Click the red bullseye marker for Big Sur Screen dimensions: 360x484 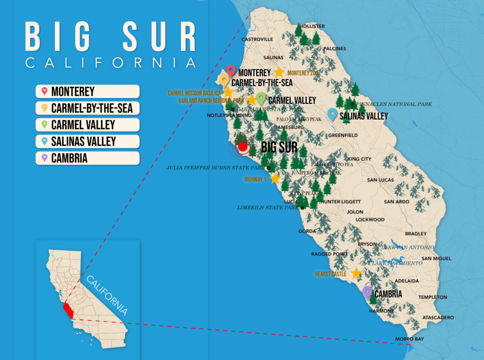[x=242, y=147]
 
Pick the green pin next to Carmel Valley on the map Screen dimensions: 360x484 [x=261, y=98]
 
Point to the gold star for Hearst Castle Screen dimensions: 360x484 [x=356, y=273]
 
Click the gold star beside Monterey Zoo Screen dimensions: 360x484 [x=279, y=72]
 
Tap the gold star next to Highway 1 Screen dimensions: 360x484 [x=275, y=179]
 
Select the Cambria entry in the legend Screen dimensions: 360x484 [x=87, y=158]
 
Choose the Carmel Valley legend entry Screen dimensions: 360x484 [x=87, y=125]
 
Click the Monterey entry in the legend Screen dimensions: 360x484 [x=87, y=92]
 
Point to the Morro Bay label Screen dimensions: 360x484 [x=409, y=339]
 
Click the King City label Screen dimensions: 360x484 [x=359, y=159]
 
